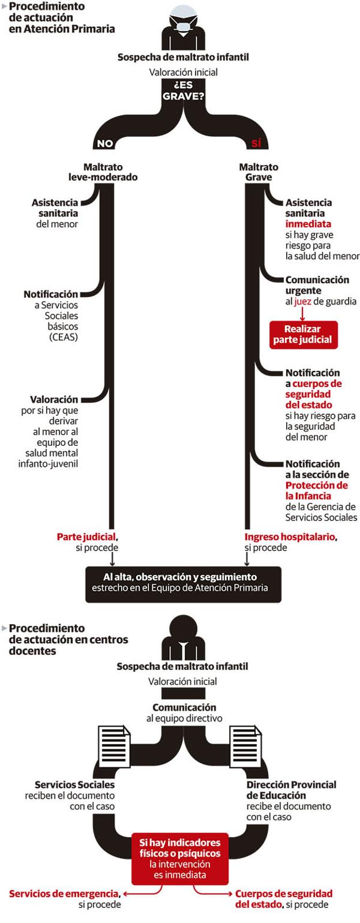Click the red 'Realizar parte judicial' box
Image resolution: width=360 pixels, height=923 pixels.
coord(303,335)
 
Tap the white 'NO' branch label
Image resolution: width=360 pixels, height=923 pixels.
coord(104,144)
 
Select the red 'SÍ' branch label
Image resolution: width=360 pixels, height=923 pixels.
coord(256,144)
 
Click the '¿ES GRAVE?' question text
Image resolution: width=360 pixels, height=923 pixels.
coord(183,91)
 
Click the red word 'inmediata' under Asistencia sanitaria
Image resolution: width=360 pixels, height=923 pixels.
coord(308,224)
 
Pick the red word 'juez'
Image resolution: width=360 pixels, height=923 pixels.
coord(303,301)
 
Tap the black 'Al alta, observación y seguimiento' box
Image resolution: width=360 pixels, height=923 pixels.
coord(183,584)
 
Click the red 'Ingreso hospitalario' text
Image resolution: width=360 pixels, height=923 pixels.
coord(290,537)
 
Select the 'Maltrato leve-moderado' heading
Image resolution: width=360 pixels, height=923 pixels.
coord(103,172)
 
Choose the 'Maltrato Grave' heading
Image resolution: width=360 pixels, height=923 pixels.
coord(258,172)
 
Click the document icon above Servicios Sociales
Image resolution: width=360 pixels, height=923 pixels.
coord(114,746)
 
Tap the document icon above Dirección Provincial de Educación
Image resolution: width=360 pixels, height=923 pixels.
coord(246,746)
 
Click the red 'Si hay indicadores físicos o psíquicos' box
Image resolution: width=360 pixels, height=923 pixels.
coord(180,859)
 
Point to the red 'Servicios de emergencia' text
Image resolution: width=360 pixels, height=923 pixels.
coord(64,894)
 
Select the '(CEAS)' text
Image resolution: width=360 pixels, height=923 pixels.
coord(63,337)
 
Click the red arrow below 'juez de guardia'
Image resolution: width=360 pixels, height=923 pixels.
coord(302,314)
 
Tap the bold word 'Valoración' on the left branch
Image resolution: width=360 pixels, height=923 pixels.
coord(54,399)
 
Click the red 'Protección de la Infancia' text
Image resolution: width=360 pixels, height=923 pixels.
coord(317,490)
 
